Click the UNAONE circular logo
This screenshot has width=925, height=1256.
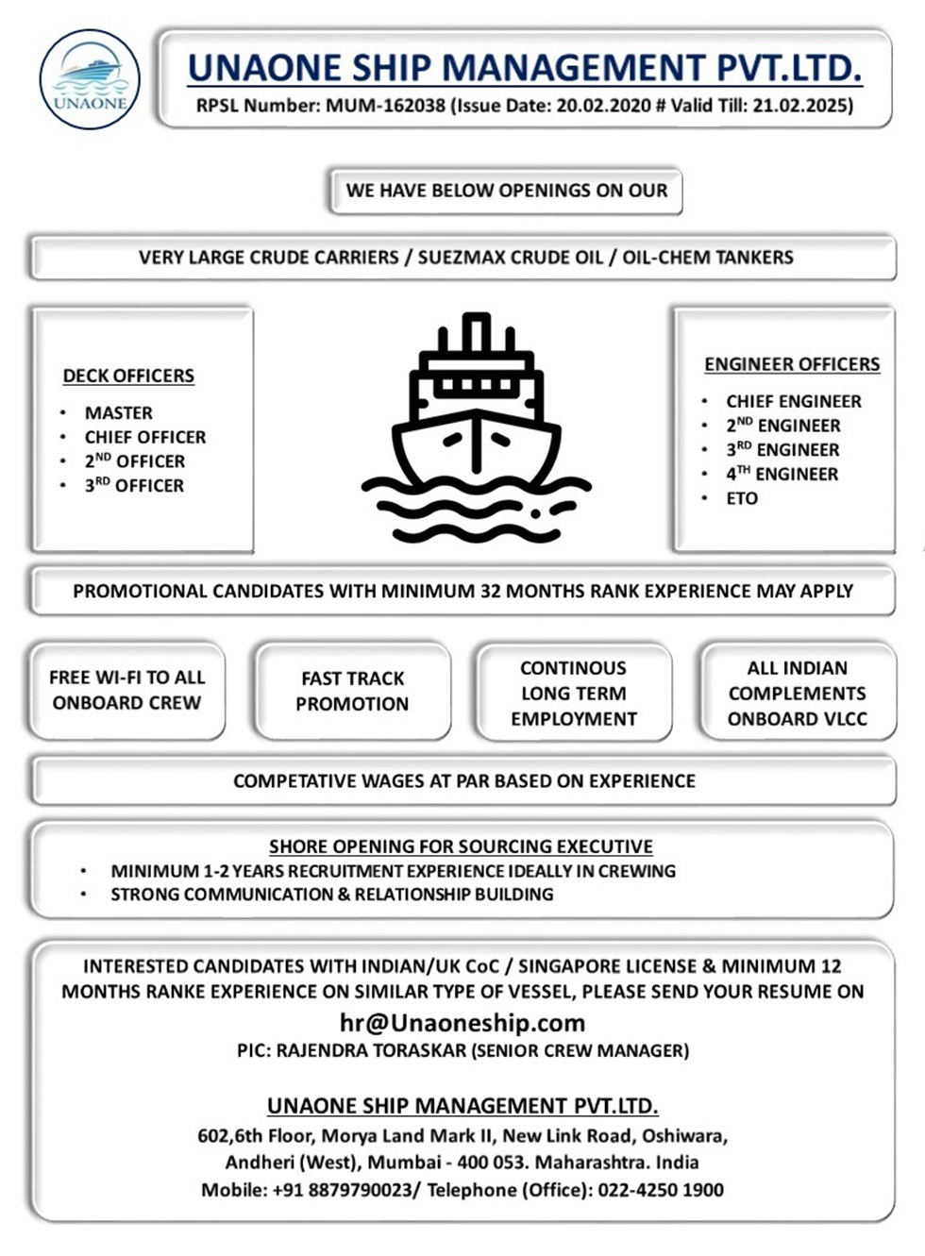coord(90,79)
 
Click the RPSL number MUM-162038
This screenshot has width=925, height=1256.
coord(385,106)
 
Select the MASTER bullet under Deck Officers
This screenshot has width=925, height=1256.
coord(118,413)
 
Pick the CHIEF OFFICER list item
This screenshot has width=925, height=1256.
coord(144,438)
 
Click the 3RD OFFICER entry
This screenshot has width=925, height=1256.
coord(134,486)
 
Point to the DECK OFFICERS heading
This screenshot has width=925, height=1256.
coord(128,376)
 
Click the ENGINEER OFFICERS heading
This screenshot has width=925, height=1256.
coord(792,364)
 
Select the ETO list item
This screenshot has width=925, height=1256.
coord(742,498)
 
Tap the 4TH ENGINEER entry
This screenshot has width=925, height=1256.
coord(782,474)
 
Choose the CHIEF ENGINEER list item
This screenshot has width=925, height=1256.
coord(793,401)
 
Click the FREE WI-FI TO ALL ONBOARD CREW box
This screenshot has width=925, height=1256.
coord(127,690)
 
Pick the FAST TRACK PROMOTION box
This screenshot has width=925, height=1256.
coord(352,691)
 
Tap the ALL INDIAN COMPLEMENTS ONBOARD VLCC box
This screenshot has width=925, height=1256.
coord(797,693)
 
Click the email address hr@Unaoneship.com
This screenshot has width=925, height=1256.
coord(462,1023)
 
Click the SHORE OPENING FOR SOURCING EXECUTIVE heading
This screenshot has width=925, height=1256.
coord(461,846)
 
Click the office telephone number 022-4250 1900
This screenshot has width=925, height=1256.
coord(661,1190)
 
